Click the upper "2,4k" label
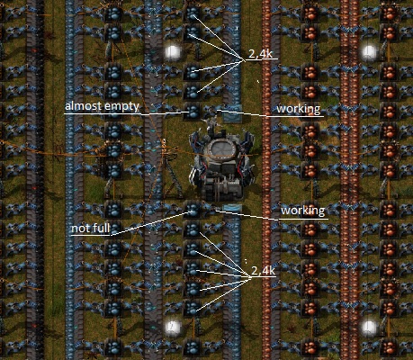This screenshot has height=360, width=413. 260,54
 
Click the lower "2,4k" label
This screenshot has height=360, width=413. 263,271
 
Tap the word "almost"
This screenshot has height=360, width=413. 82,106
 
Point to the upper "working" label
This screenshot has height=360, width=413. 299,109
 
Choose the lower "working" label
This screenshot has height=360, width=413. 303,211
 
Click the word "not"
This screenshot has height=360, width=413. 80,229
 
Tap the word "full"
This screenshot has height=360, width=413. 100,228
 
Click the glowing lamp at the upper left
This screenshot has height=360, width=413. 172,52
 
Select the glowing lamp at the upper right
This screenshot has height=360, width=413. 369,52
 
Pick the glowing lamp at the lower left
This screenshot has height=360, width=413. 173,327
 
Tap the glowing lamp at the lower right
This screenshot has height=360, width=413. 369,327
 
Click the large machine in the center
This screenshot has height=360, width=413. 221,164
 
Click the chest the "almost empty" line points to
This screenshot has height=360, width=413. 192,112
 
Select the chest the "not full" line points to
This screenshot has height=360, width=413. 192,210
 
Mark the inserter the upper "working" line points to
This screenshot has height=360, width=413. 213,110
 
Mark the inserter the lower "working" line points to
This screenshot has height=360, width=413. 212,208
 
